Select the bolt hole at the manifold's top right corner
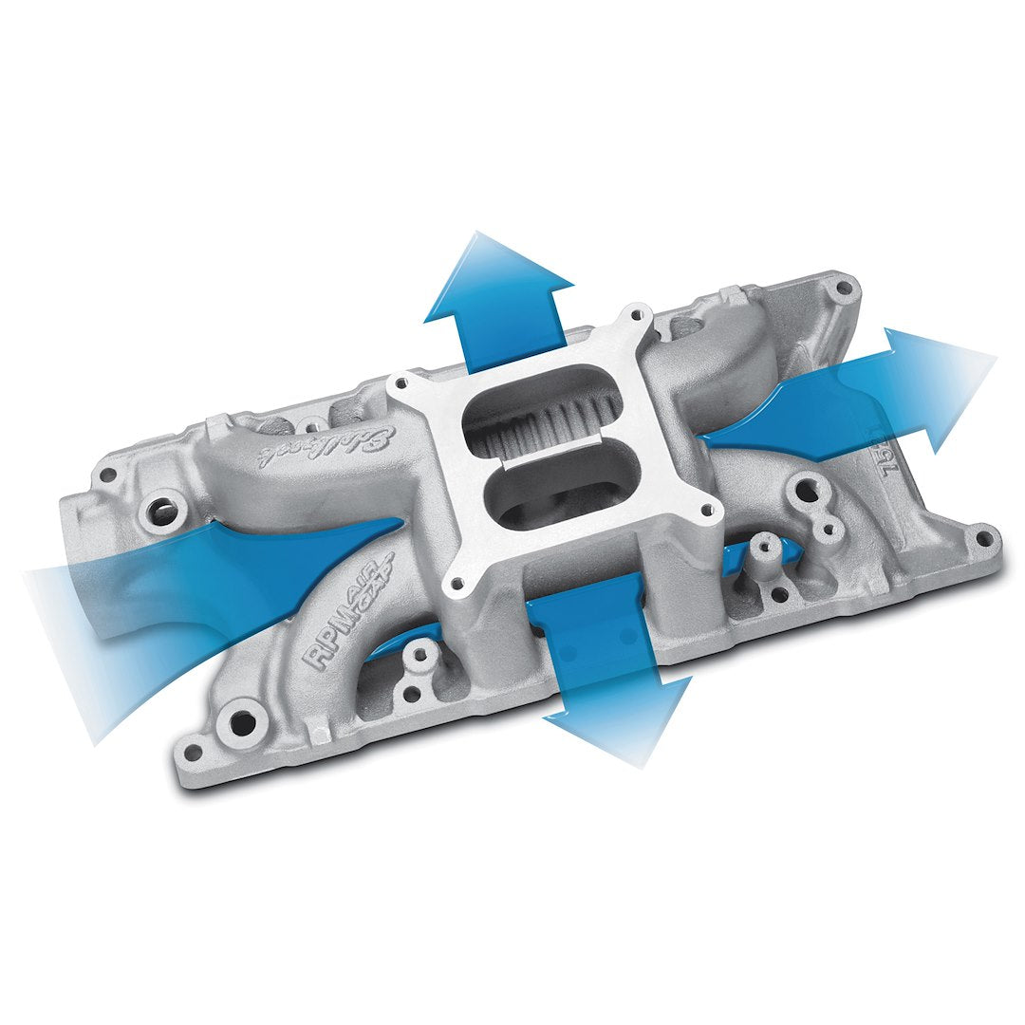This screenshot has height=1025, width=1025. click(840, 285)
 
